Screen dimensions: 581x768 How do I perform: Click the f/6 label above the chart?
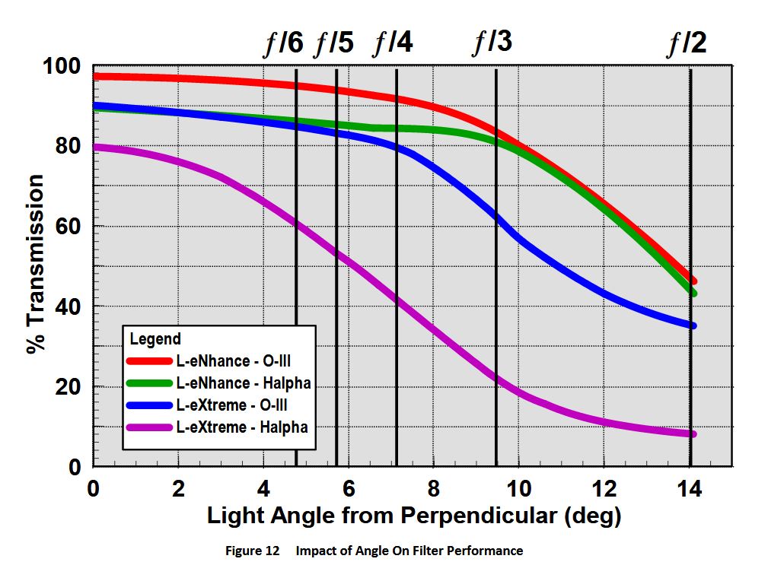pyautogui.click(x=283, y=44)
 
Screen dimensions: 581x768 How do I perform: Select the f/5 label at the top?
pyautogui.click(x=334, y=44)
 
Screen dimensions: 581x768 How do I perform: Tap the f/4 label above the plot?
pyautogui.click(x=393, y=44)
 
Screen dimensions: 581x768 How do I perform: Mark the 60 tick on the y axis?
pyautogui.click(x=67, y=227)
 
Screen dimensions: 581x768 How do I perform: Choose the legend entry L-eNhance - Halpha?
pyautogui.click(x=243, y=383)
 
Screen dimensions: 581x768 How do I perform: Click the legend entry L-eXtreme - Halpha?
pyautogui.click(x=243, y=427)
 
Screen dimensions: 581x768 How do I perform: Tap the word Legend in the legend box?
pyautogui.click(x=155, y=339)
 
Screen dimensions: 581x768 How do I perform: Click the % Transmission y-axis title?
pyautogui.click(x=35, y=265)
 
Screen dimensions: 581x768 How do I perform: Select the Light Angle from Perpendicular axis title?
pyautogui.click(x=414, y=516)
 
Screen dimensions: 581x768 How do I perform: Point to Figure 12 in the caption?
pyautogui.click(x=248, y=551)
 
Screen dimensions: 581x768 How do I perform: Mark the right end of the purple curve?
pyautogui.click(x=692, y=434)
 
